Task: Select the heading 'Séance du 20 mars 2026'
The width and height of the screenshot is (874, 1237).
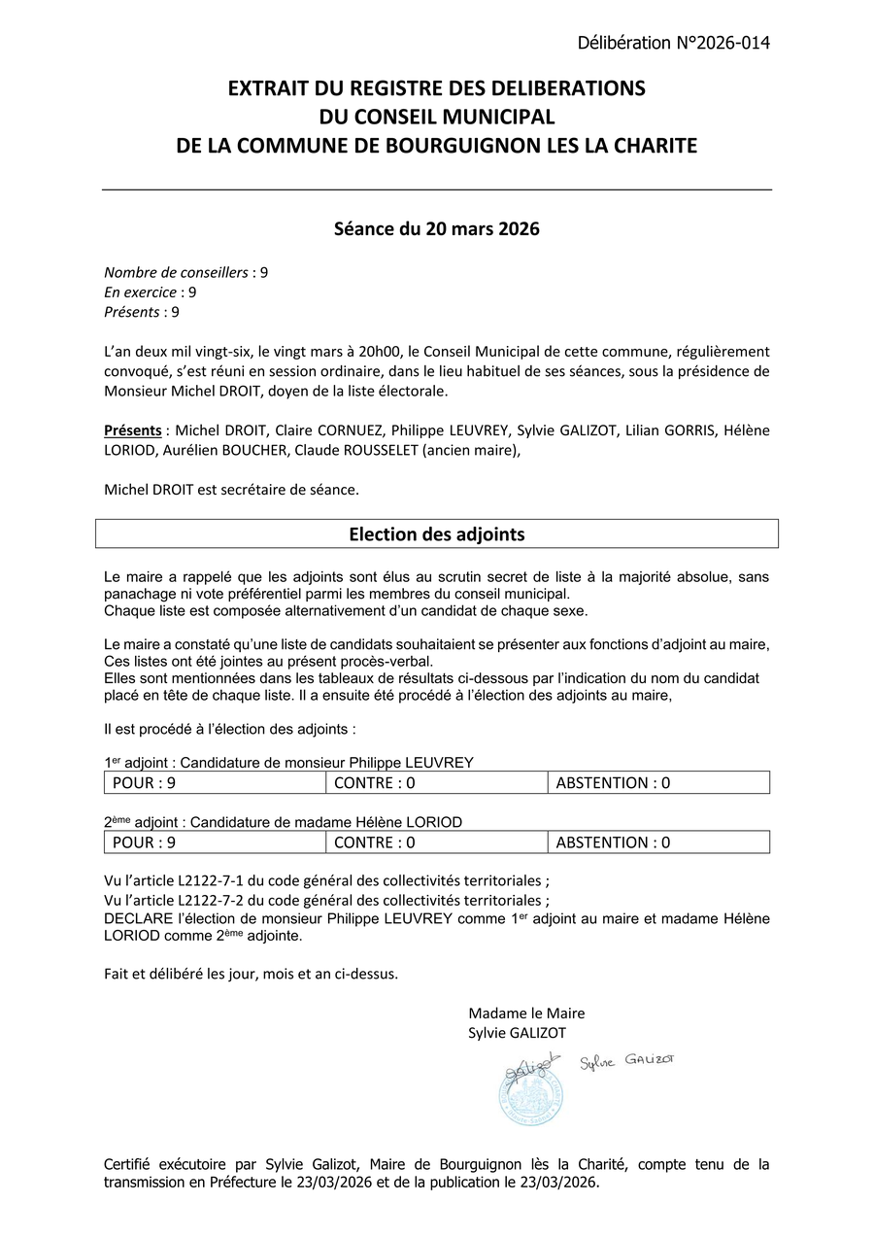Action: [x=436, y=230]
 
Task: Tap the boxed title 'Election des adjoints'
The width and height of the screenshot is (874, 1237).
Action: [x=436, y=534]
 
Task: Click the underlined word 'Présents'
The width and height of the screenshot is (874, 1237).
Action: [x=133, y=430]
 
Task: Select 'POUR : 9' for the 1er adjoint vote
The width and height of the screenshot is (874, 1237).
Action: [x=144, y=783]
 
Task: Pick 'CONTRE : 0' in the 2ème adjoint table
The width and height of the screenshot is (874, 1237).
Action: [x=374, y=842]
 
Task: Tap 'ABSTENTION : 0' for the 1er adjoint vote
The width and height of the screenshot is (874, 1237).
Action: [x=613, y=783]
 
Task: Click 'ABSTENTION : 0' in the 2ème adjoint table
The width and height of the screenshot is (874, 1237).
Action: [x=613, y=842]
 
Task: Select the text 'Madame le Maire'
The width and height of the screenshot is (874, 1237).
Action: [x=526, y=1013]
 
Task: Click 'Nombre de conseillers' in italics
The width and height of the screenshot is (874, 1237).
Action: [x=176, y=272]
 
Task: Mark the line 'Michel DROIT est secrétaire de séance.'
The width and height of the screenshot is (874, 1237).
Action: [x=231, y=490]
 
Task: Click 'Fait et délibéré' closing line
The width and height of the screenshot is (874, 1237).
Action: [x=154, y=973]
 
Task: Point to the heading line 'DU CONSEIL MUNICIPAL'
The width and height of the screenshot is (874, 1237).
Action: [x=436, y=117]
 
